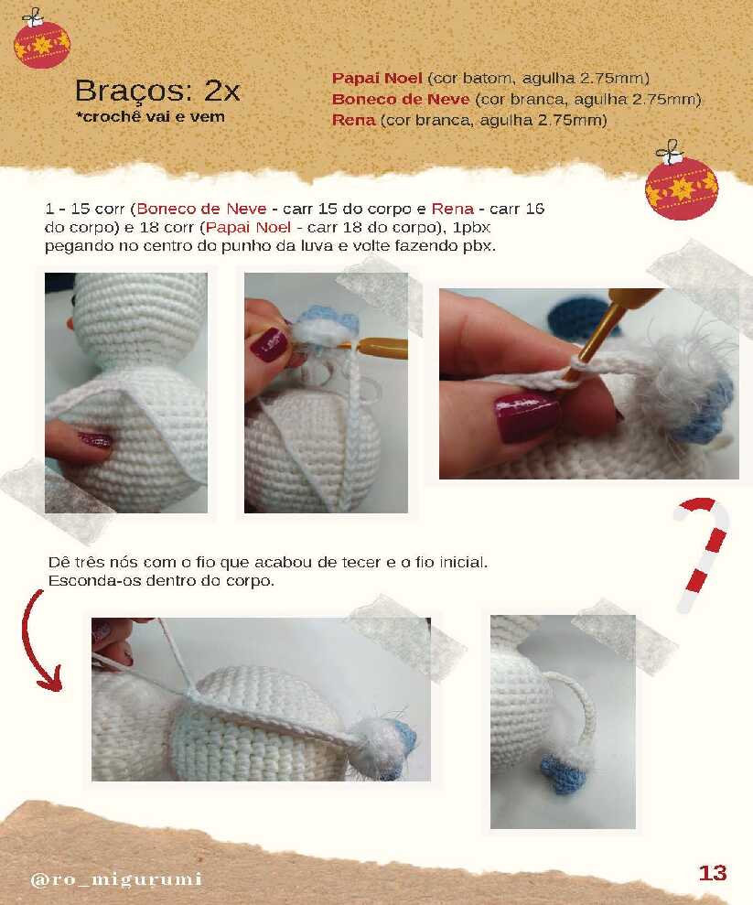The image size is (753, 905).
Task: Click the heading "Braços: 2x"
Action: coord(157,91)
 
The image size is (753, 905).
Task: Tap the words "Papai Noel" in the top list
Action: coord(377,78)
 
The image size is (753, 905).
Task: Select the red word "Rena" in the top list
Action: coord(353,120)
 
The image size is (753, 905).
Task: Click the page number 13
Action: coord(713,873)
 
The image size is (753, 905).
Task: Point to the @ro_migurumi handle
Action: coord(116,879)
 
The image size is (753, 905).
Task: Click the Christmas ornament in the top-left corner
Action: coord(41,39)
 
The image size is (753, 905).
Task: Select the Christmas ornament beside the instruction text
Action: coord(681,182)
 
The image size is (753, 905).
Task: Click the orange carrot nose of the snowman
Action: coord(70,323)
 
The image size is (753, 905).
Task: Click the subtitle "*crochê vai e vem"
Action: coord(150,116)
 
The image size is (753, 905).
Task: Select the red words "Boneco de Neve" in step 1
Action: coord(201,209)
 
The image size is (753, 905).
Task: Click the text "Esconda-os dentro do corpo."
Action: coord(161,581)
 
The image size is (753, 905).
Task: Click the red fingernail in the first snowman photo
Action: coord(95,441)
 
